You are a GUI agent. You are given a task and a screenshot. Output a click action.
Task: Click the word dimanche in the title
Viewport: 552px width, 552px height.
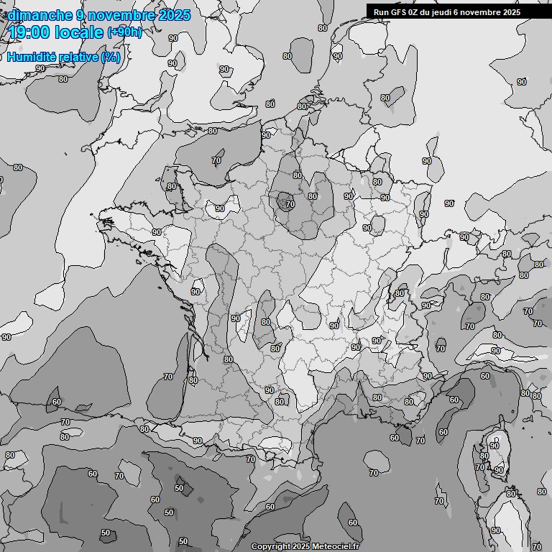point(40,15)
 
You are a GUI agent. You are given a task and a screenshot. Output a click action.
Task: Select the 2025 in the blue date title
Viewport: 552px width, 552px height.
point(173,15)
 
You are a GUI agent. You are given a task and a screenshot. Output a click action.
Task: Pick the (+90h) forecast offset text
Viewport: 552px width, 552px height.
point(124,32)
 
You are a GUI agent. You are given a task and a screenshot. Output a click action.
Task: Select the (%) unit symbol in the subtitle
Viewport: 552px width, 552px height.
point(111,57)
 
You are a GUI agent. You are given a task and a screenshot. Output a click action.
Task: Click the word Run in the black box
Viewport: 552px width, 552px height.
point(381,11)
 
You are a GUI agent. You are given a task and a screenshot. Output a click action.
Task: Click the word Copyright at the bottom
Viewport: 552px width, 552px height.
point(270,546)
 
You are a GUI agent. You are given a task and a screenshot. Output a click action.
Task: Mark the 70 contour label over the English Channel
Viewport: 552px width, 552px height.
point(216,161)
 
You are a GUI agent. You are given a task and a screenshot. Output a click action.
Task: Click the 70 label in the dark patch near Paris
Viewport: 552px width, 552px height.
point(290,204)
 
